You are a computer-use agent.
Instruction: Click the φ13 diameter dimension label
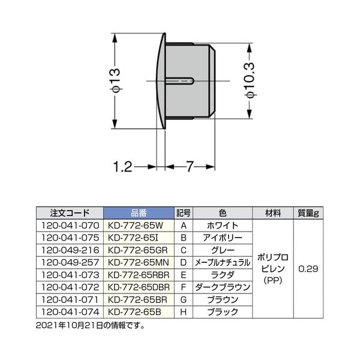(x=115, y=80)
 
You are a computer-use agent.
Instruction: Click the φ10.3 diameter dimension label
(x=250, y=80)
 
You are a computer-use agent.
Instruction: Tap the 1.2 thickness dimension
(x=123, y=167)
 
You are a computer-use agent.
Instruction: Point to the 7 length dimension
(x=190, y=166)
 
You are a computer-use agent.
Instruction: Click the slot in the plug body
(x=180, y=81)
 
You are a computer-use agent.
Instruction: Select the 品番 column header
(x=139, y=213)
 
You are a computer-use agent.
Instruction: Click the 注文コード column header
(x=70, y=213)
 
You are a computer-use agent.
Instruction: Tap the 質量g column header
(x=308, y=213)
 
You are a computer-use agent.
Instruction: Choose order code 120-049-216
(x=70, y=250)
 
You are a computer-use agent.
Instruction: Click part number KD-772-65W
(x=136, y=226)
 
